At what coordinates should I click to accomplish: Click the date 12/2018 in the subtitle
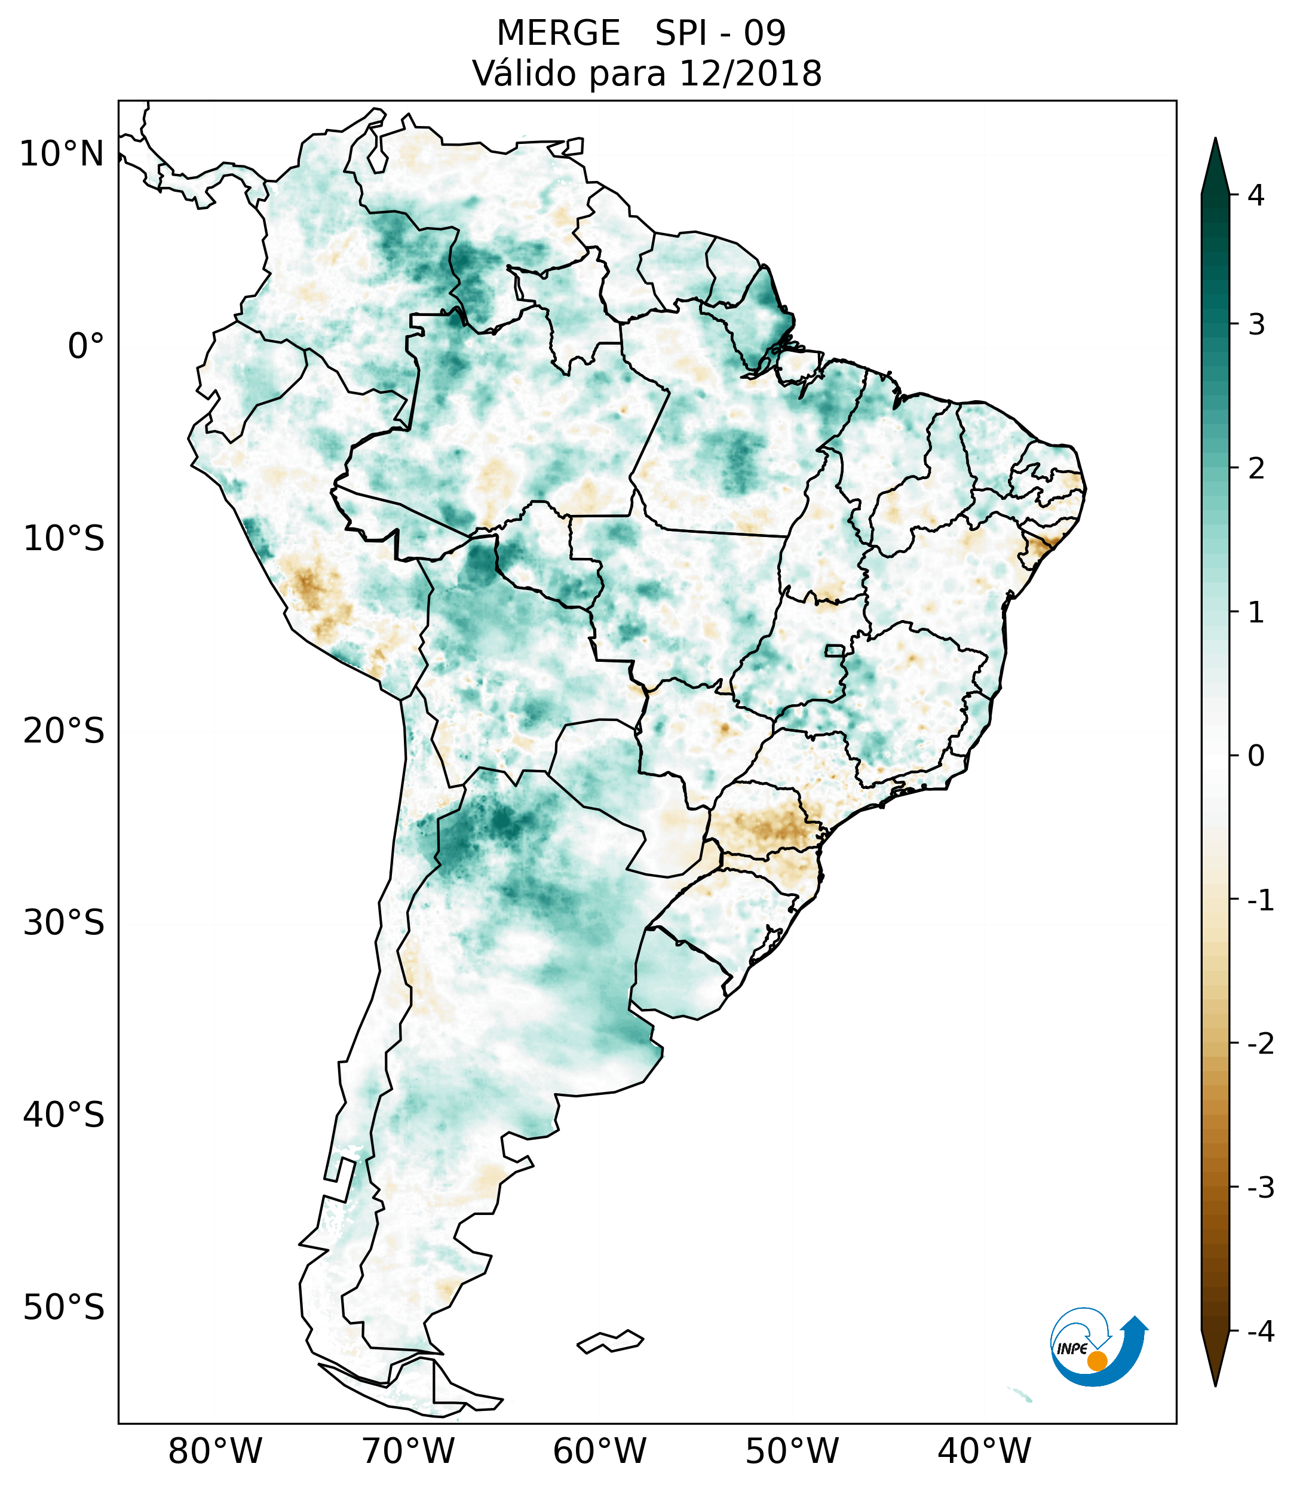coord(749,73)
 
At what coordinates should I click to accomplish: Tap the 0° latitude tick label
coord(86,346)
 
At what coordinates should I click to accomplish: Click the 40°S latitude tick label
coord(64,1115)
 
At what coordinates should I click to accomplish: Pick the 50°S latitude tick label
coord(64,1308)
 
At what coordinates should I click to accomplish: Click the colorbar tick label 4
coord(1256,195)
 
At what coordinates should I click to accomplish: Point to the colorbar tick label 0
coord(1256,756)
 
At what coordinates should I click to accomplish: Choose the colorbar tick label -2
coord(1260,1044)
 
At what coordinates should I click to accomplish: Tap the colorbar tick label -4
coord(1260,1332)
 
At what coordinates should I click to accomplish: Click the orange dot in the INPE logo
coord(1096,1361)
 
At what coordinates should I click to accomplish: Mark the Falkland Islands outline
coord(610,1342)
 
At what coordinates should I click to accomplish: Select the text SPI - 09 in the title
coord(720,33)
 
